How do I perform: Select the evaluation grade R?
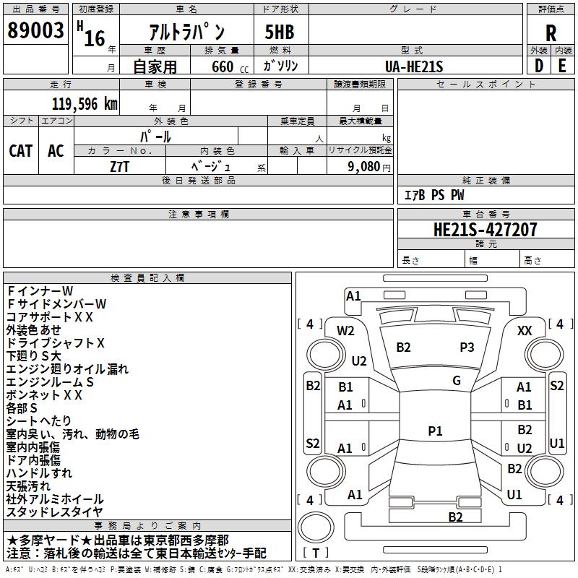coord(551,33)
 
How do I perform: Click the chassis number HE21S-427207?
coord(485,230)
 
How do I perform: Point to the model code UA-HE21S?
coord(414,66)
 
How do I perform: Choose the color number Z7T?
coord(120,165)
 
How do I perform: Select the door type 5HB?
coord(274,33)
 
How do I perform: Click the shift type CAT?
coord(21,150)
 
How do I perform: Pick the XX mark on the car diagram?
coord(525,330)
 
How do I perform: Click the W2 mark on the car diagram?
coord(345,331)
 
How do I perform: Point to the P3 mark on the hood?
coord(467,347)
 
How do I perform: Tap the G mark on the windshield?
coord(457,381)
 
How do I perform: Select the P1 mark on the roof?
coord(435,431)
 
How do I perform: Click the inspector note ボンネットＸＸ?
coord(45,395)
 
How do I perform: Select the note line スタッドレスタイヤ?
coord(55,512)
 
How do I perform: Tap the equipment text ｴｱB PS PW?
coord(433,195)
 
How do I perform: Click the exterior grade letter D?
coord(538,66)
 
